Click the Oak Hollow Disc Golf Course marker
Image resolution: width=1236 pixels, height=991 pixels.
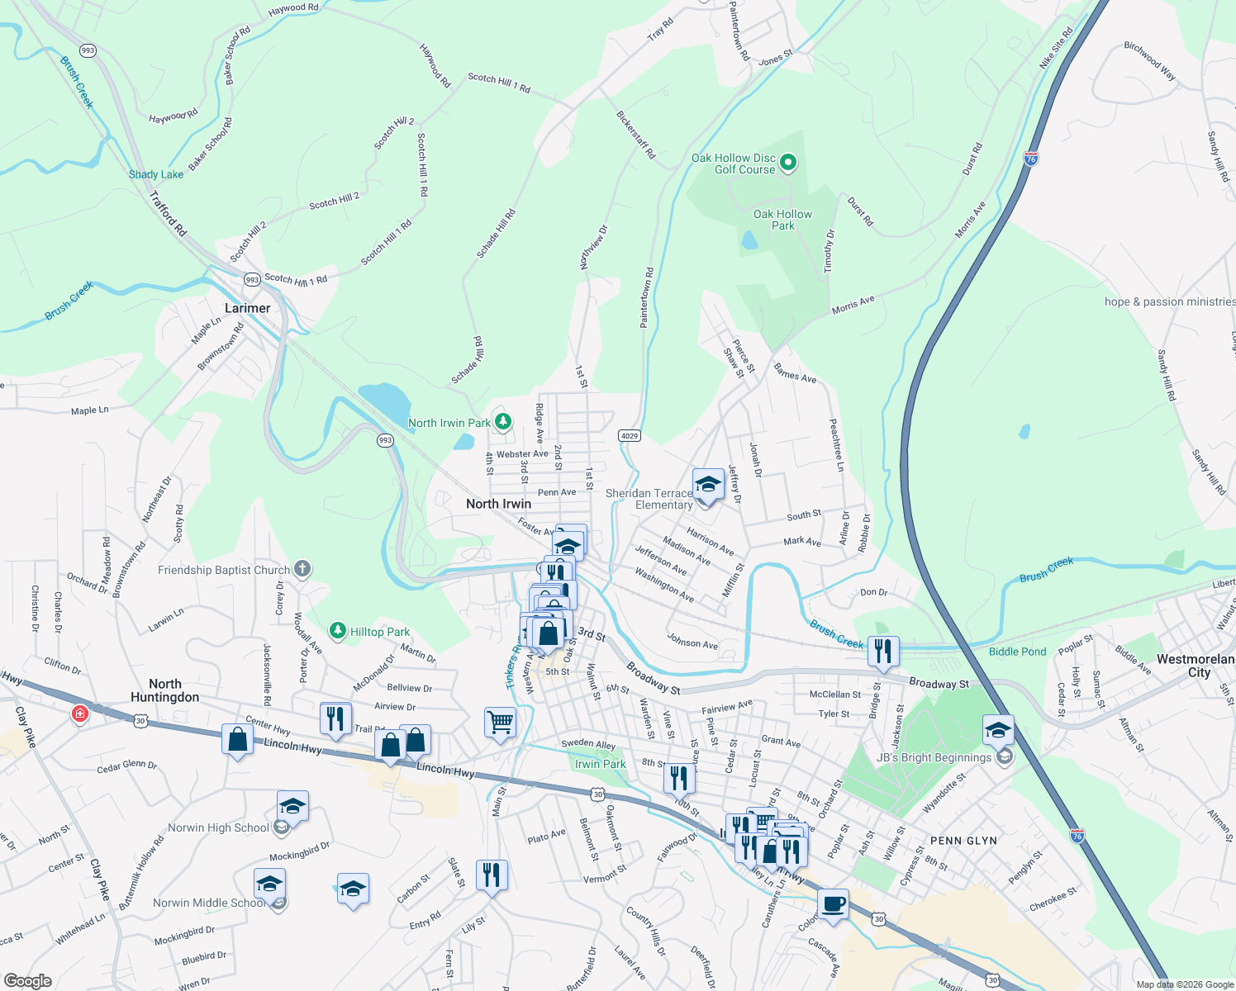tap(788, 162)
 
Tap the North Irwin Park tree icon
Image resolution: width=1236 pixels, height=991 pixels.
tap(502, 422)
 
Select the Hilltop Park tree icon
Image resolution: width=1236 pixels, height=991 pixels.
tap(337, 632)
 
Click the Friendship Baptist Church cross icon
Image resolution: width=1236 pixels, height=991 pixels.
tap(302, 568)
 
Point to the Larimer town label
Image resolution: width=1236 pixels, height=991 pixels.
tap(247, 308)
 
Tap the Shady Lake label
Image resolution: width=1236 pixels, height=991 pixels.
tap(156, 174)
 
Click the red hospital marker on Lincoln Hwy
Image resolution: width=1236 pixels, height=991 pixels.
tap(79, 713)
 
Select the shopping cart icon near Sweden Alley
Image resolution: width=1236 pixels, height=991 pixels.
tap(500, 722)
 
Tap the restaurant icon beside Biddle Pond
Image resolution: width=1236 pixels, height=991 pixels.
tap(883, 651)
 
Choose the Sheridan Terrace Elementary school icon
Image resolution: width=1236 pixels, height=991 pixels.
tap(708, 484)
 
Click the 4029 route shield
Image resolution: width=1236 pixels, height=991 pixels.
tap(630, 435)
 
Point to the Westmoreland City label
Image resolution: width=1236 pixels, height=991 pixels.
tap(1196, 666)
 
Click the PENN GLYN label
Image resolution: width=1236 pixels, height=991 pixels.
tap(963, 841)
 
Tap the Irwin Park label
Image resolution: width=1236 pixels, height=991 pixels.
tap(601, 764)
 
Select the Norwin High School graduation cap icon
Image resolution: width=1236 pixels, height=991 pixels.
tap(292, 805)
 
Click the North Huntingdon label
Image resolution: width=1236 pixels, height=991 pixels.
tap(165, 690)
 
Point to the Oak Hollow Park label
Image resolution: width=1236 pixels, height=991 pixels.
tap(782, 220)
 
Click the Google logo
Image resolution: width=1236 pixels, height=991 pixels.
tap(28, 980)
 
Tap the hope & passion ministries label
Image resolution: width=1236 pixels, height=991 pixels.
tap(1170, 301)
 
